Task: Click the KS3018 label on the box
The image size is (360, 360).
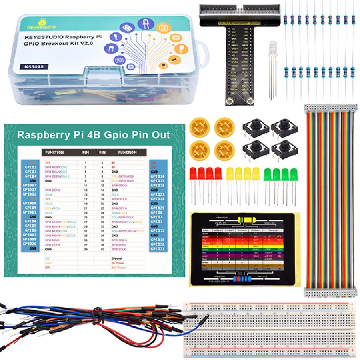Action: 35,66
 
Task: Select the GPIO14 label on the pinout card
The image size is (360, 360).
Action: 157,176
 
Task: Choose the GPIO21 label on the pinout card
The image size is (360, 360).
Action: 157,248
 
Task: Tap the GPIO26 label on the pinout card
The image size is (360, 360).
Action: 30,244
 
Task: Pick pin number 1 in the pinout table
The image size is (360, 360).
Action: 85,163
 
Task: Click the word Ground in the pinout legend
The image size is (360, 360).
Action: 116,258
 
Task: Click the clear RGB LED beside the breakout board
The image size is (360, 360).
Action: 273,47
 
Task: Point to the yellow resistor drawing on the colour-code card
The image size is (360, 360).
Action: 244,219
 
